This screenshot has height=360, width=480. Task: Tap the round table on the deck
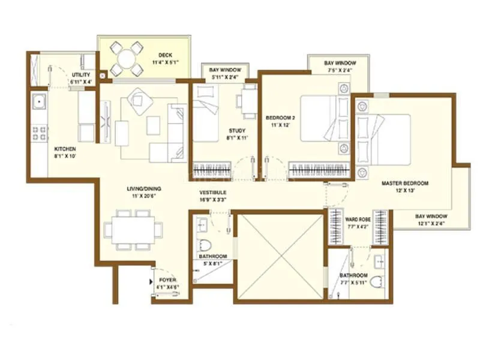click(x=127, y=59)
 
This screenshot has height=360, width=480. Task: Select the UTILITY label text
click(x=80, y=74)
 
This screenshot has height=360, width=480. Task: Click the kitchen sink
click(x=39, y=102)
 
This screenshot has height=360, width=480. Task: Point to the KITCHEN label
click(x=65, y=149)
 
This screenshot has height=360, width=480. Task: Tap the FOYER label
click(x=167, y=280)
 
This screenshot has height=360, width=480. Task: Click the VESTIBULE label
click(x=212, y=193)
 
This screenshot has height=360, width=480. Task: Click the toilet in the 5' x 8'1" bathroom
click(x=206, y=245)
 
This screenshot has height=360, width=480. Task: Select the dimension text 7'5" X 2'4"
click(x=340, y=70)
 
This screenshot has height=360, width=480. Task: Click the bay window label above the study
click(x=217, y=70)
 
